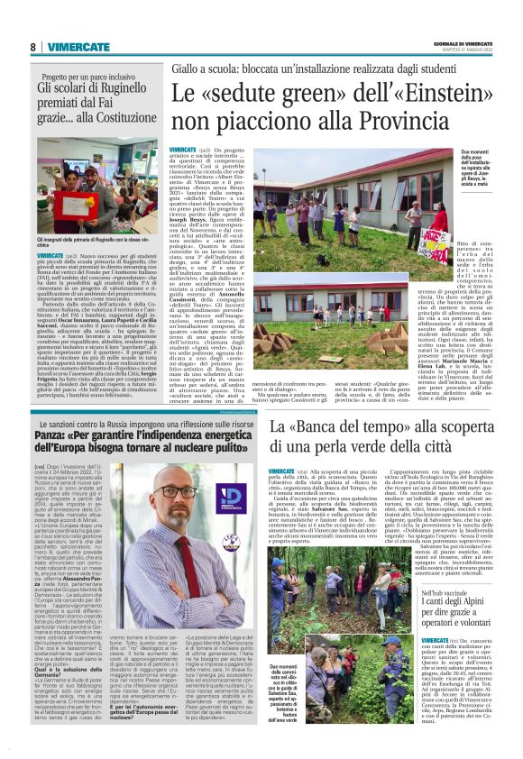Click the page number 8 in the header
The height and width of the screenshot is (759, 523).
[33, 47]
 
